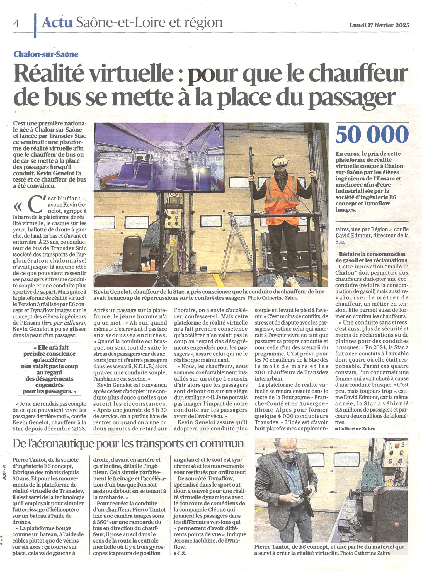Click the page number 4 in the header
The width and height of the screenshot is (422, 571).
(x=16, y=24)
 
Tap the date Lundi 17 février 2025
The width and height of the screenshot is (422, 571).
(x=379, y=25)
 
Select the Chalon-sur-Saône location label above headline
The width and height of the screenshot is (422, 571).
(x=46, y=54)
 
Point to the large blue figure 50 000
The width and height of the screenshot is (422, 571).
(x=372, y=135)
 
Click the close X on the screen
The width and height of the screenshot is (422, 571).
(x=217, y=129)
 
